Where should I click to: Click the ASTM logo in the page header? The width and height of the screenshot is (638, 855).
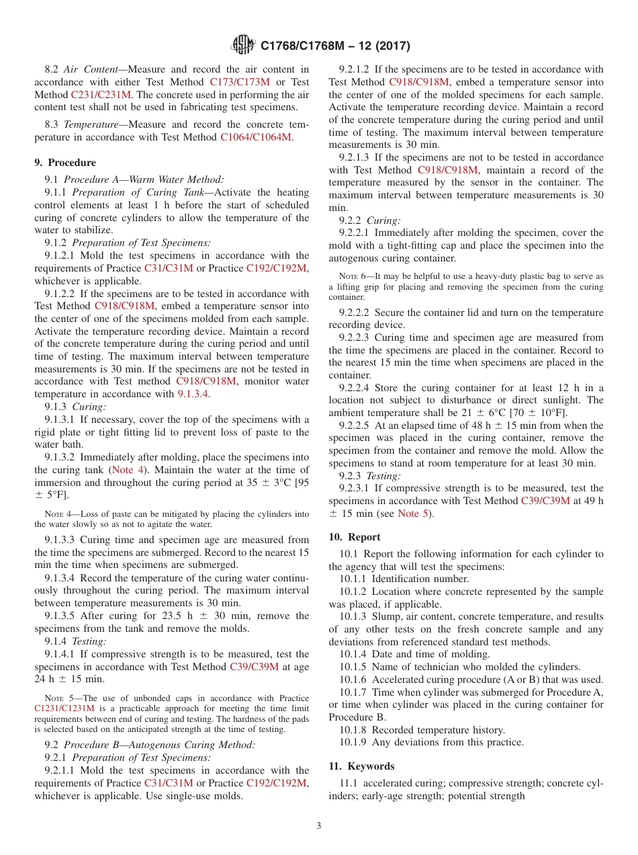pyautogui.click(x=242, y=45)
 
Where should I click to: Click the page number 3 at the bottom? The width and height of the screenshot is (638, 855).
pyautogui.click(x=319, y=825)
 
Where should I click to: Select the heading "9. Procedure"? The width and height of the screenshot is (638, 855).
pyautogui.click(x=65, y=163)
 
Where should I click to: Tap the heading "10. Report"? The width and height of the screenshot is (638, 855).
pyautogui.click(x=355, y=537)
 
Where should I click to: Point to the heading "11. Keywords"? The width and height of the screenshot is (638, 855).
pyautogui.click(x=361, y=766)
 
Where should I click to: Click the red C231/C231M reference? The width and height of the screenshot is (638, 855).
pyautogui.click(x=101, y=95)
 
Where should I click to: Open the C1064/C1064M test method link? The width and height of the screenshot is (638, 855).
pyautogui.click(x=256, y=136)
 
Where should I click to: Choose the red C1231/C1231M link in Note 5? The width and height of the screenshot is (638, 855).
pyautogui.click(x=64, y=708)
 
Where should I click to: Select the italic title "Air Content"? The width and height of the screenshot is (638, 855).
pyautogui.click(x=93, y=69)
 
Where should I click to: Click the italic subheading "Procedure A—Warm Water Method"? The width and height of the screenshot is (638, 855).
pyautogui.click(x=144, y=179)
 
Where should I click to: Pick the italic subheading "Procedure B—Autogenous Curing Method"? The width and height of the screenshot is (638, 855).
pyautogui.click(x=159, y=745)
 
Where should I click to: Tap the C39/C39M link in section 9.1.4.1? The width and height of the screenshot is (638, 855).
pyautogui.click(x=254, y=667)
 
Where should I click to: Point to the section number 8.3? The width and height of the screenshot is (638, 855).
pyautogui.click(x=52, y=124)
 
